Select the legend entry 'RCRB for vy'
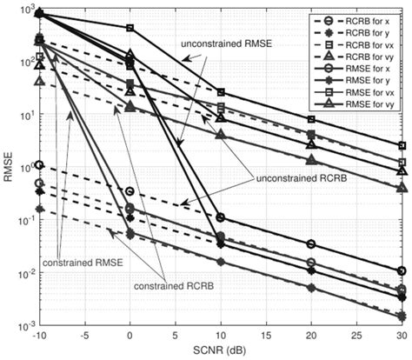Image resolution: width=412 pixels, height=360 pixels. click(x=364, y=55)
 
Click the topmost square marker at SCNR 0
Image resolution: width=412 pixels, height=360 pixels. click(x=130, y=29)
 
